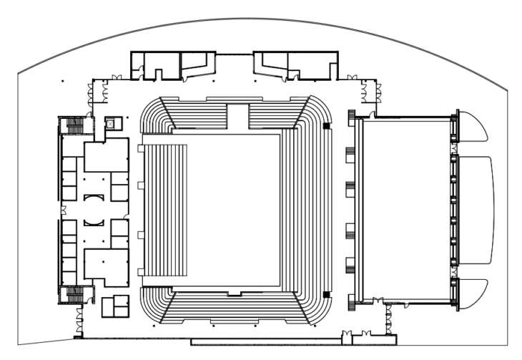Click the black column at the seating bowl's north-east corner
click(326, 126)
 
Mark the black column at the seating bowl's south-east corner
click(326, 294)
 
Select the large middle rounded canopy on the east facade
click(475, 208)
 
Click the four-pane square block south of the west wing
click(115, 306)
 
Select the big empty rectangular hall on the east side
click(404, 208)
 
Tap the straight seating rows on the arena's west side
click(165, 208)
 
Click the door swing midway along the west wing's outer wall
click(64, 210)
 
